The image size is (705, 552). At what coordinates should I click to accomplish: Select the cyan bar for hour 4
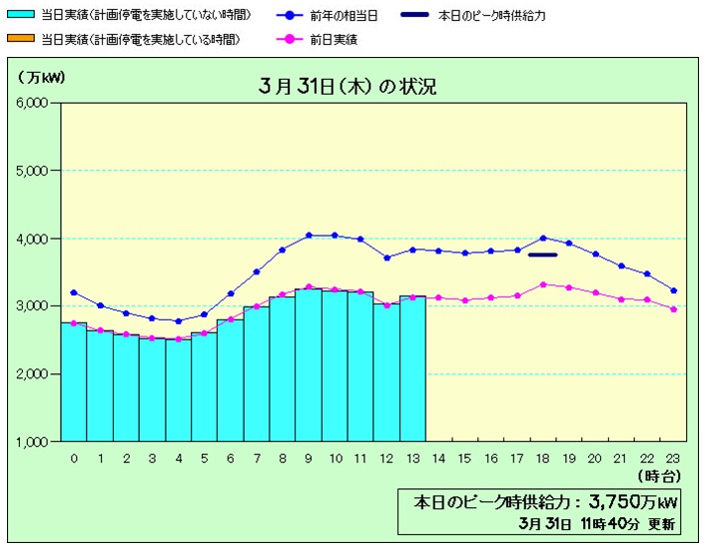click(179, 389)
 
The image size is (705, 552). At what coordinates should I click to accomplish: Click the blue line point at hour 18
click(542, 238)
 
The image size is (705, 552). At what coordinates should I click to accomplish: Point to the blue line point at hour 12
click(386, 258)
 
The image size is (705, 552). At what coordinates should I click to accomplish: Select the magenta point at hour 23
click(673, 309)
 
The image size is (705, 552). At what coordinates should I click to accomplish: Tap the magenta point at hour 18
click(542, 284)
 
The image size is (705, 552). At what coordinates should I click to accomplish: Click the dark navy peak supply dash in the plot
click(542, 255)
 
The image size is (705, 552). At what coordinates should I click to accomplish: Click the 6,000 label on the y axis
click(37, 104)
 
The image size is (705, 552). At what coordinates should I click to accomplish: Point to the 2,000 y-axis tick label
click(37, 374)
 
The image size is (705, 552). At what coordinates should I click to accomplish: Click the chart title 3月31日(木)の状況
click(346, 86)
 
